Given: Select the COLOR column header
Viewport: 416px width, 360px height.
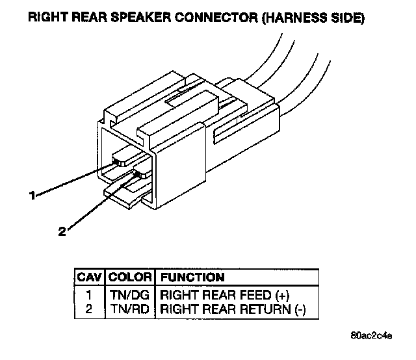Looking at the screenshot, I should click(130, 277).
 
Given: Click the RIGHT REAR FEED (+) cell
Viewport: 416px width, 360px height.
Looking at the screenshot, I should click(224, 294).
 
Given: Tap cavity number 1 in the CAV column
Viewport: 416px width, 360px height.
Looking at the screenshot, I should click(90, 294).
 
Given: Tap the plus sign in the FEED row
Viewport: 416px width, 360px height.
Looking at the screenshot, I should click(283, 294).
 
